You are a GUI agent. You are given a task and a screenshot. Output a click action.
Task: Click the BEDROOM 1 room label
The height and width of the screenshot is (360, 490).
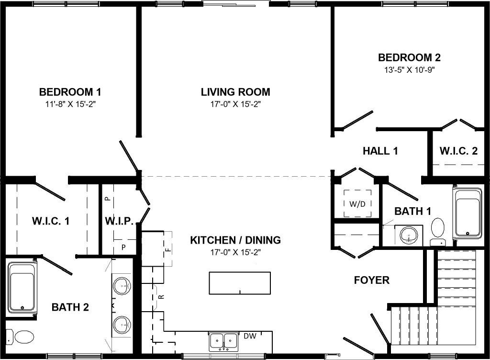70,92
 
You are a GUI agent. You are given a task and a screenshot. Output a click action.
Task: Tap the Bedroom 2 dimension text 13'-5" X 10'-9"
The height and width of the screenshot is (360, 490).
410,69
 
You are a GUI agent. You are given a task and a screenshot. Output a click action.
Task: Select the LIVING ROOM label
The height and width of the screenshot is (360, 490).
235,92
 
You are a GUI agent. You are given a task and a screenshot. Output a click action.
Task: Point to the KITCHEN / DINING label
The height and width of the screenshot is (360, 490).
235,240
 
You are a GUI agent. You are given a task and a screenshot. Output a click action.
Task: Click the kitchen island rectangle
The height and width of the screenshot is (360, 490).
240,283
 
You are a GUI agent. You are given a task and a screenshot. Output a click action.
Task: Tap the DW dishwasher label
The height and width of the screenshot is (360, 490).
250,336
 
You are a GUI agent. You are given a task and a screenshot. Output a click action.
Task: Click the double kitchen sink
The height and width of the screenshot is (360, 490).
223,341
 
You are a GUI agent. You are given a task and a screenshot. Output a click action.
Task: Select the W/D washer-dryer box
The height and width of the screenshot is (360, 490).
357,204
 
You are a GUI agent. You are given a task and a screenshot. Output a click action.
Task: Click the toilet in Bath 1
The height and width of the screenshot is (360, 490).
438,232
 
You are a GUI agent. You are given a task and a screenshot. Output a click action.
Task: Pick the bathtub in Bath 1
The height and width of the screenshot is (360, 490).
468,214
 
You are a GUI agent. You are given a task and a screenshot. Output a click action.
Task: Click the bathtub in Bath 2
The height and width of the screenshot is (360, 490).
22,287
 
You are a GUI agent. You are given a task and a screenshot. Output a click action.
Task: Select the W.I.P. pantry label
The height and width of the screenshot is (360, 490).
119,221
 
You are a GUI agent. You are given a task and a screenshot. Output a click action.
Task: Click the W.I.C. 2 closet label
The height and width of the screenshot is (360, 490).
458,151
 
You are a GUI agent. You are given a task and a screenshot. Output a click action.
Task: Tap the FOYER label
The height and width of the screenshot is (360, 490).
371,280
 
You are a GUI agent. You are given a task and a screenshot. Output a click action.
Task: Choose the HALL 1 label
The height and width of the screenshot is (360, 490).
380,151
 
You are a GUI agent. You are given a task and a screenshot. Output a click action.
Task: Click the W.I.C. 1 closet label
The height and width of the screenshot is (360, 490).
51,221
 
